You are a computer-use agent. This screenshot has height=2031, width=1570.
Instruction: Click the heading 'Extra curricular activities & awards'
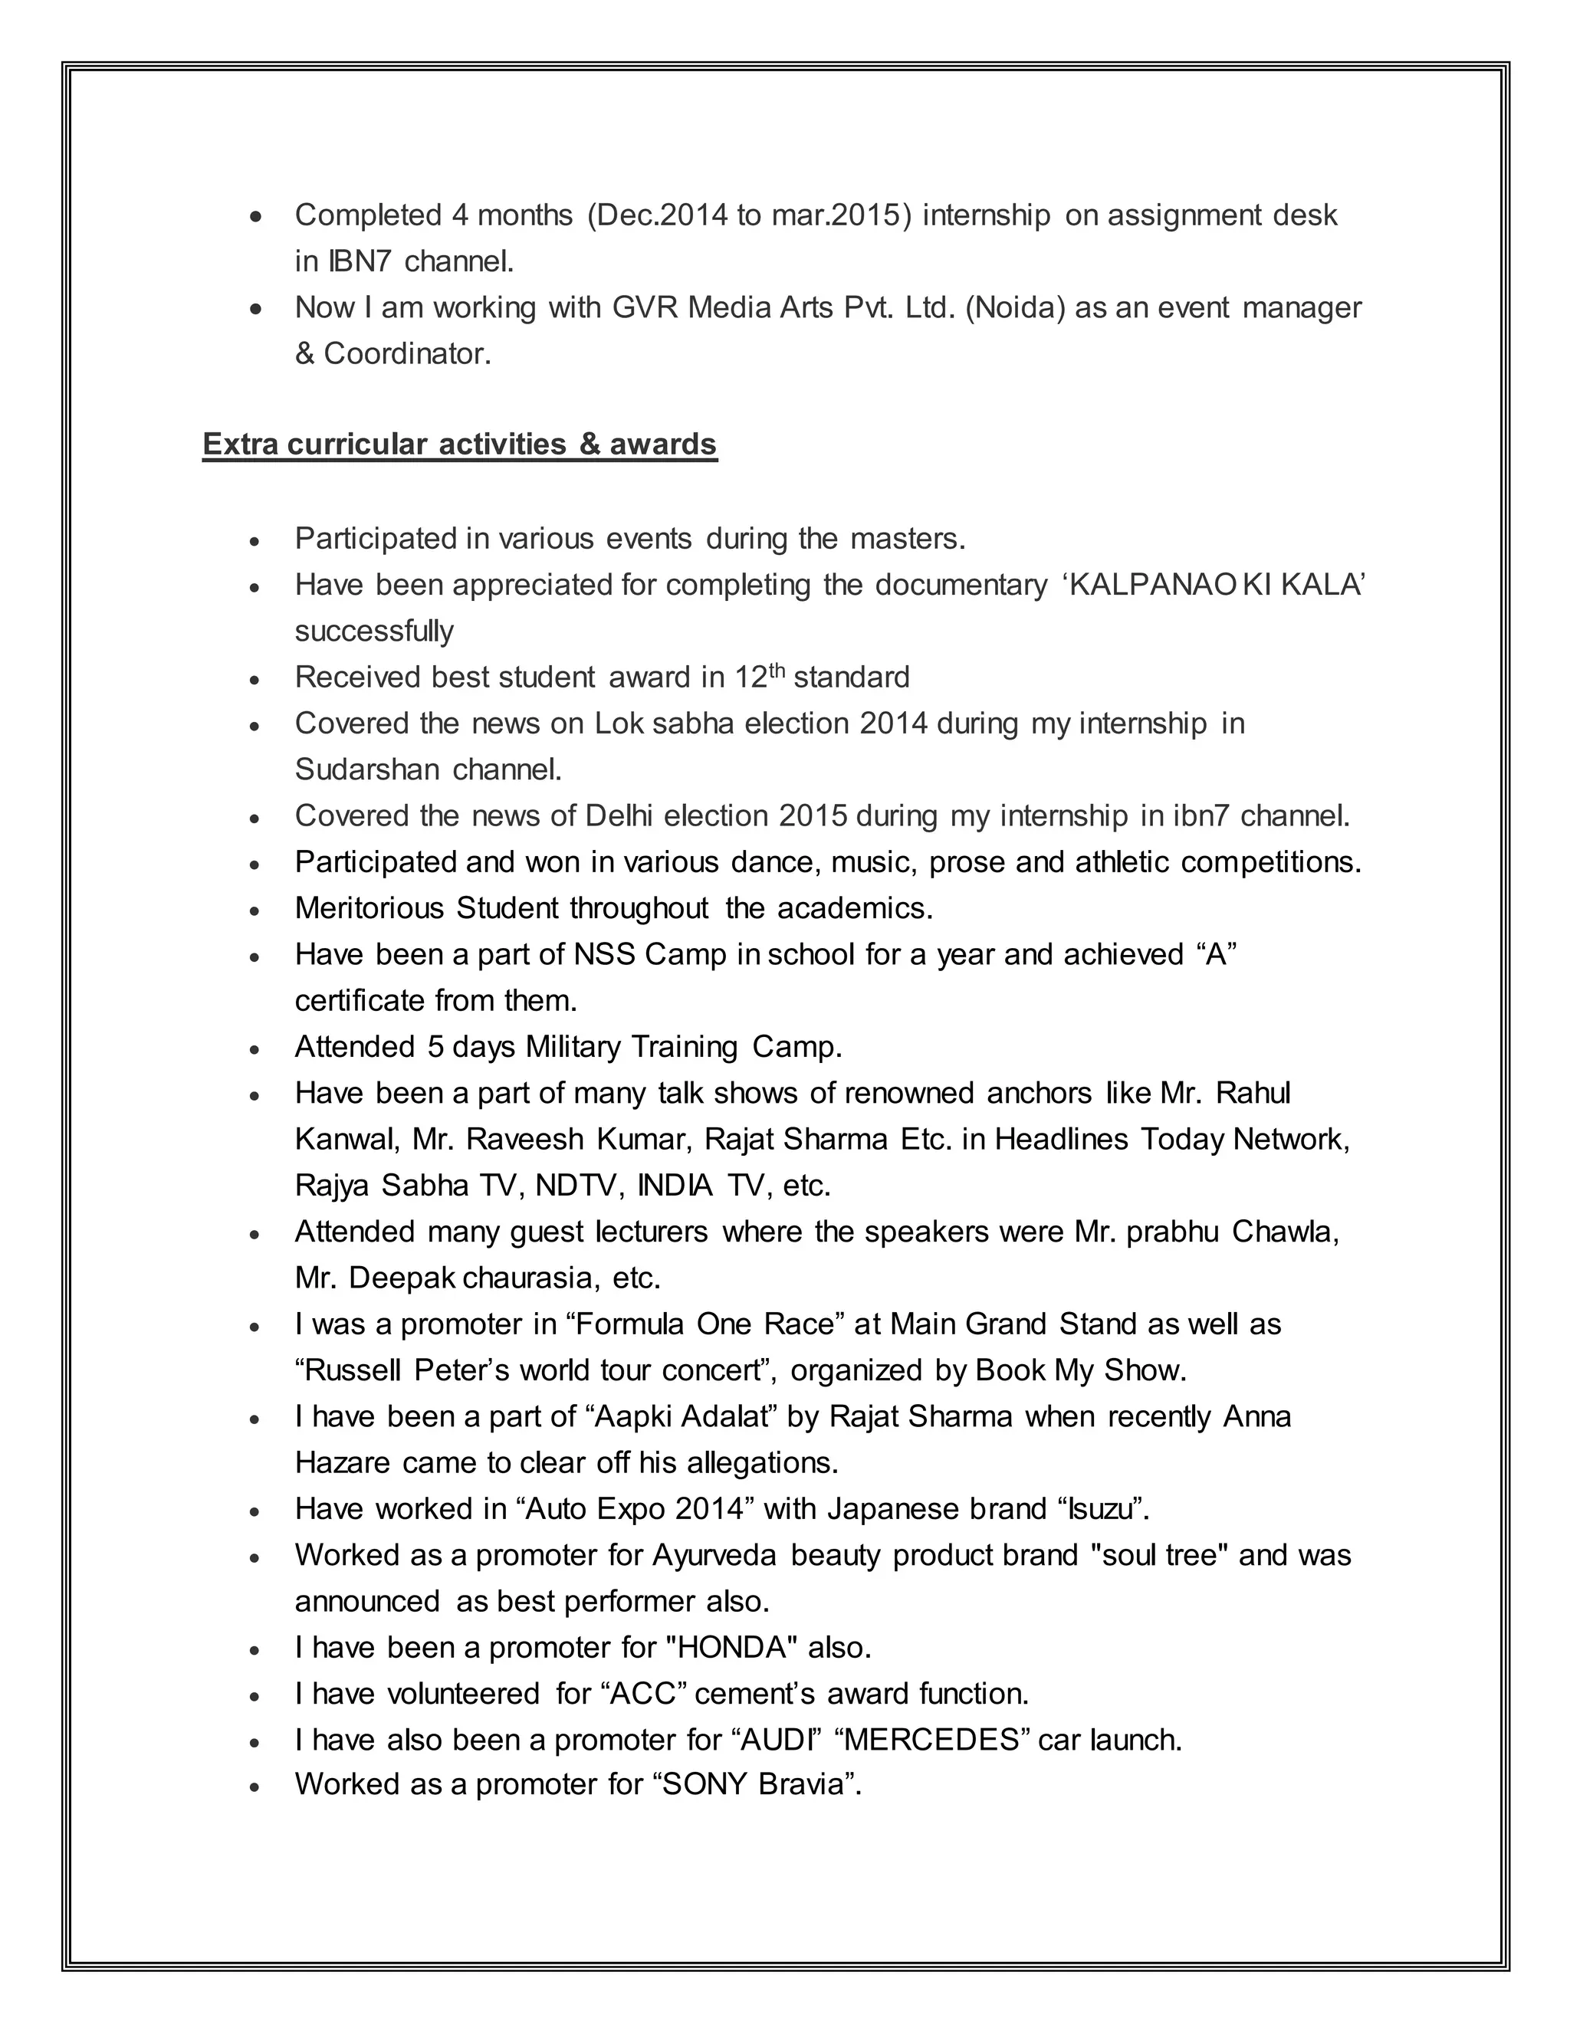[459, 445]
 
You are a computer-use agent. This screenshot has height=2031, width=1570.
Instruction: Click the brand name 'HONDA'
[733, 1648]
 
